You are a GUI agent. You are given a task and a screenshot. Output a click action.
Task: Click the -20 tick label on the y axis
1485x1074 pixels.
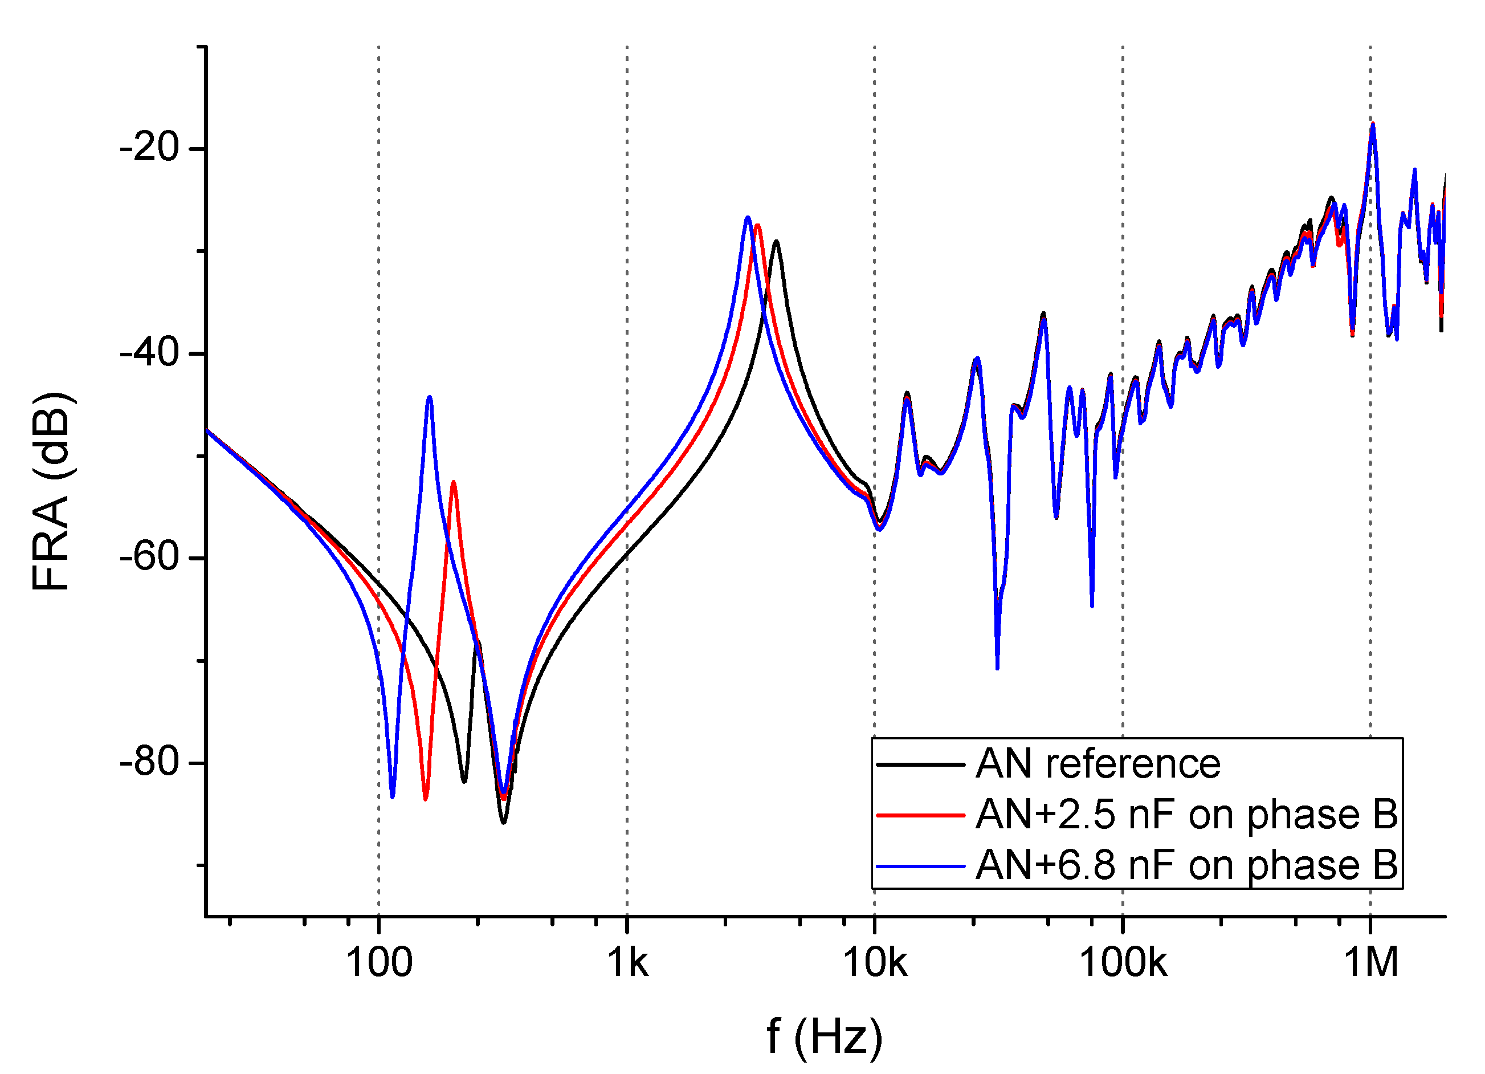[149, 148]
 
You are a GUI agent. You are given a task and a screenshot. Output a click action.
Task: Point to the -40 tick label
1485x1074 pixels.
[149, 354]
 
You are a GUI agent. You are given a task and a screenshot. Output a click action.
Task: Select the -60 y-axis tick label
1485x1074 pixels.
[149, 558]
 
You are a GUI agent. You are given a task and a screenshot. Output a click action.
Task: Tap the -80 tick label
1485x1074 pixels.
[149, 763]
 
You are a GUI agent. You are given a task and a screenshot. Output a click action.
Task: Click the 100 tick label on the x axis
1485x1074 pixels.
[378, 963]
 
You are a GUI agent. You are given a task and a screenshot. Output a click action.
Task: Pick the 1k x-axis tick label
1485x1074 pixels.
[627, 963]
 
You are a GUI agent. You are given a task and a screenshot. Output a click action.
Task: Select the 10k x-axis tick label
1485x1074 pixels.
[875, 963]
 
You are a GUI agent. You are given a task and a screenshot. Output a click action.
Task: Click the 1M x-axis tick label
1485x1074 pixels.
[1370, 963]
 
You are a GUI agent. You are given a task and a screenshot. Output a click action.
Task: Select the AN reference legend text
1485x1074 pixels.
[1098, 764]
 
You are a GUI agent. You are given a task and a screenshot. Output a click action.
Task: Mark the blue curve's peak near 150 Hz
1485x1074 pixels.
[430, 397]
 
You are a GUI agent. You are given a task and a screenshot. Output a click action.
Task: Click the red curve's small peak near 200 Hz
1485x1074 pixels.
[453, 483]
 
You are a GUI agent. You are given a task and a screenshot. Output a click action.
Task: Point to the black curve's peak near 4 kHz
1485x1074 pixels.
[777, 242]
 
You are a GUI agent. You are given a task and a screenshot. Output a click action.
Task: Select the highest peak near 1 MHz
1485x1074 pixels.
[1372, 124]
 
